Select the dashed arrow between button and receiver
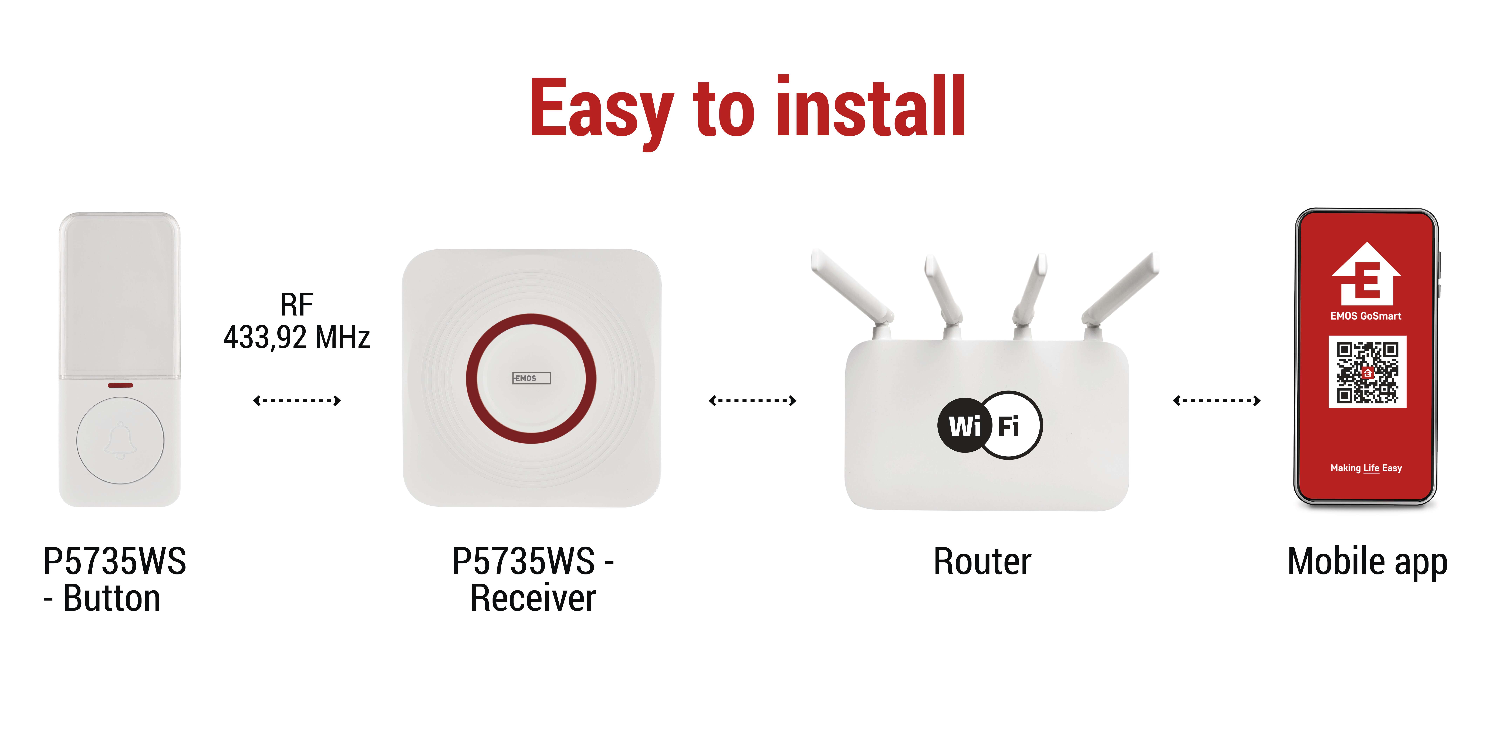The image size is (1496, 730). pos(297,400)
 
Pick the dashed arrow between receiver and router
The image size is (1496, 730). pos(752,400)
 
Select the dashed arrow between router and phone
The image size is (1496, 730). pos(1217,400)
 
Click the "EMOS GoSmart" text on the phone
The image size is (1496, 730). pos(1366,316)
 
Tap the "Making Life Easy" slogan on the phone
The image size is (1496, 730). pos(1366,468)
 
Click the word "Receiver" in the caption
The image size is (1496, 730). pos(533,598)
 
